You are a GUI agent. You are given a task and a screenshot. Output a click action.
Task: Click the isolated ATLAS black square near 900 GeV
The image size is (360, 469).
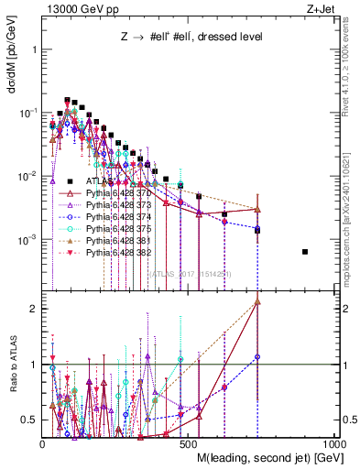pyautogui.click(x=305, y=252)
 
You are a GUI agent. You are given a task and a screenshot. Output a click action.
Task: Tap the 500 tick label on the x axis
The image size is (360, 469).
pyautogui.click(x=189, y=443)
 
